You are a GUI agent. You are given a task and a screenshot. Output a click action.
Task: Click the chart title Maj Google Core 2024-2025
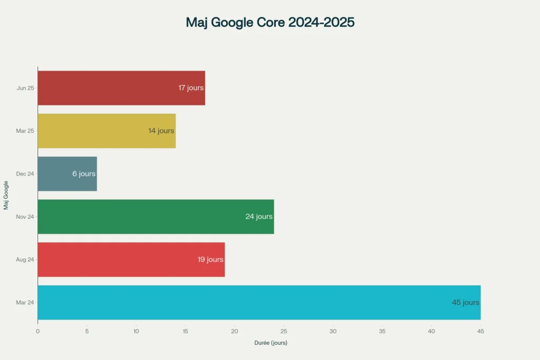click(270, 23)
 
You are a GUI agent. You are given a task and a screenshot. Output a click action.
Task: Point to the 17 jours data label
click(191, 88)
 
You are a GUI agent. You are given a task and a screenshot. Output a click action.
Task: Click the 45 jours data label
click(465, 303)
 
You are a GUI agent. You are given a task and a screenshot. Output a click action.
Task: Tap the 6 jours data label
click(84, 174)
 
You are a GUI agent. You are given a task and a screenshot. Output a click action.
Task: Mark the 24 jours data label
click(259, 217)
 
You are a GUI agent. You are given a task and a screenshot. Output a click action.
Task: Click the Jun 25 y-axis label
click(25, 88)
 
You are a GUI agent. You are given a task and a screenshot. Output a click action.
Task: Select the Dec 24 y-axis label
click(25, 173)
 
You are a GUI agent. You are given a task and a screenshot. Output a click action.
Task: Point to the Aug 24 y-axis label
click(25, 259)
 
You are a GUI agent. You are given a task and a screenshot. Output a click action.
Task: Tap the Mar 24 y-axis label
click(25, 303)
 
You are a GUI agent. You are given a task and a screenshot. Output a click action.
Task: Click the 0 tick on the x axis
click(37, 331)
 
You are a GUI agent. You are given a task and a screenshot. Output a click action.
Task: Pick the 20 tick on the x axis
click(235, 331)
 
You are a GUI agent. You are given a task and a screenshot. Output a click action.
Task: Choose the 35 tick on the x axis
click(382, 331)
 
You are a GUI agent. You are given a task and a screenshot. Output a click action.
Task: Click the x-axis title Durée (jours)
click(271, 343)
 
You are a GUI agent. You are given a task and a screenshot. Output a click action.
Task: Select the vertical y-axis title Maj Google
click(6, 195)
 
